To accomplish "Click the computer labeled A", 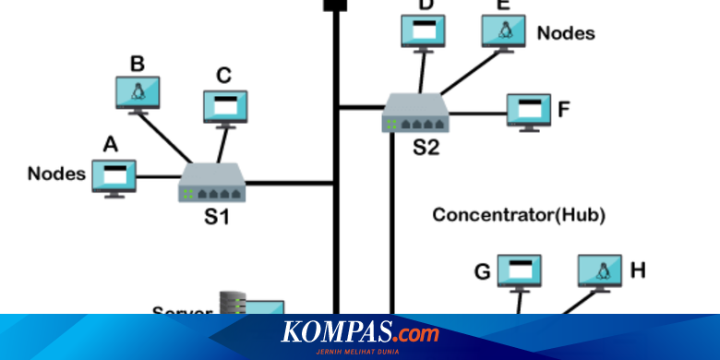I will (x=114, y=175).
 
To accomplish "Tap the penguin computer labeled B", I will (x=138, y=91).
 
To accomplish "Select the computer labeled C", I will (x=224, y=105).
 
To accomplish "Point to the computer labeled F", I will (x=529, y=110).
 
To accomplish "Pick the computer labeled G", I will (x=519, y=271).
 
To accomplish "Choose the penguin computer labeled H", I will (x=600, y=271).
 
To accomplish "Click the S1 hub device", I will (x=211, y=184).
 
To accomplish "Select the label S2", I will (x=426, y=148).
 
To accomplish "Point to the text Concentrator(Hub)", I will (x=519, y=215).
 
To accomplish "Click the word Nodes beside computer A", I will (x=56, y=173).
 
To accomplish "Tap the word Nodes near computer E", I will (x=566, y=32).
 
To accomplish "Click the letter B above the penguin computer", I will (x=137, y=64).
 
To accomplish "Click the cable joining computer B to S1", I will (x=166, y=138).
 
